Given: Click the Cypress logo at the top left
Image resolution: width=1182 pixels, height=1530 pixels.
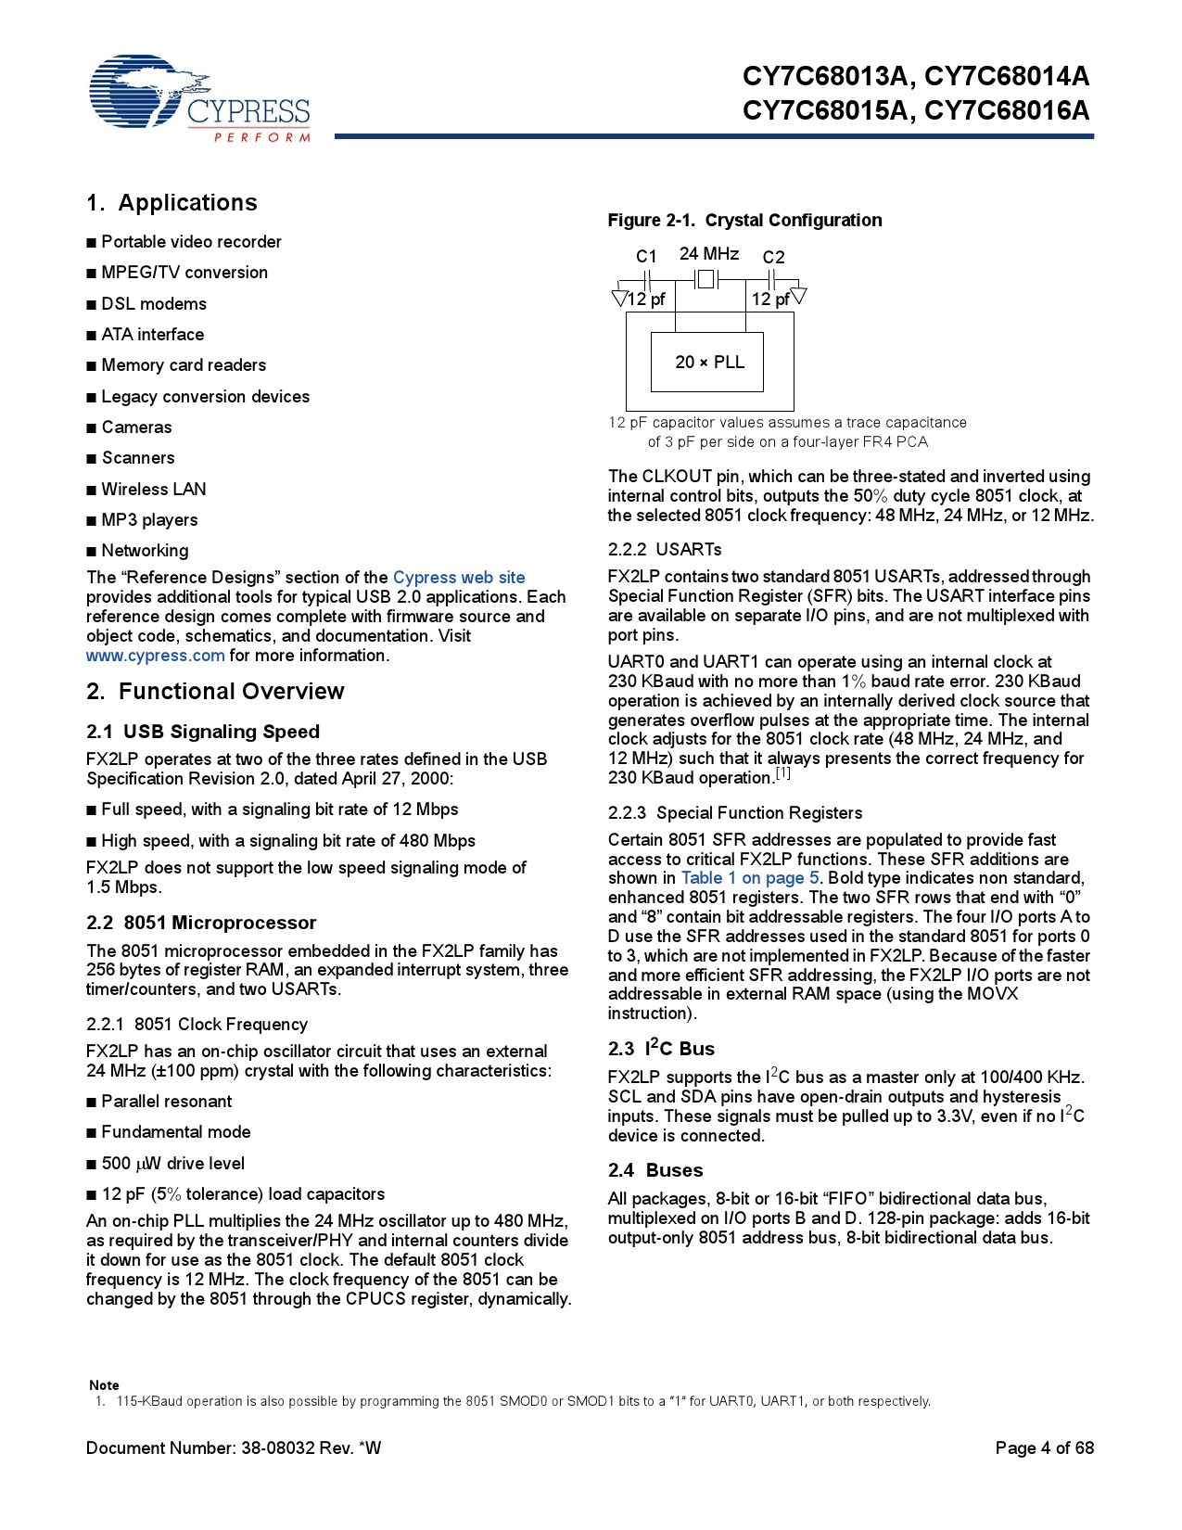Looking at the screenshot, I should (x=199, y=98).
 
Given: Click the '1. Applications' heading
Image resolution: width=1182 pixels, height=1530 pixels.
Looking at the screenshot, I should (x=172, y=203).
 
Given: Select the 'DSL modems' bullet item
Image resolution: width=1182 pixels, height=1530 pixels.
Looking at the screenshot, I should (x=153, y=304).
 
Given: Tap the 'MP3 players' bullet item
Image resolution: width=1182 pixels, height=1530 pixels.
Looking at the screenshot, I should (x=149, y=520).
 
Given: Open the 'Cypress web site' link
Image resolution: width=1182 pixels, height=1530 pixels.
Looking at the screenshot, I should (x=459, y=578).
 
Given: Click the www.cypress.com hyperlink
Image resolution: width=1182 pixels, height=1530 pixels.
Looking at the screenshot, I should (x=155, y=656).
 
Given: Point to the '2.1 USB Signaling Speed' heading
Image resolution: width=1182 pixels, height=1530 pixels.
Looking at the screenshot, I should (x=203, y=732).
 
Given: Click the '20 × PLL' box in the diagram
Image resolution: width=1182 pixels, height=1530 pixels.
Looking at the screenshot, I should (x=708, y=363).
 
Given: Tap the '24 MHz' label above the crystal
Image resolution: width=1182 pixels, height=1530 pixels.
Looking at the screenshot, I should (x=709, y=254).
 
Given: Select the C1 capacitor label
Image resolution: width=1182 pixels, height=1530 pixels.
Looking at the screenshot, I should (x=646, y=257).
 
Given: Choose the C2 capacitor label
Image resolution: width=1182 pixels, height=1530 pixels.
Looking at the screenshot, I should (x=773, y=257).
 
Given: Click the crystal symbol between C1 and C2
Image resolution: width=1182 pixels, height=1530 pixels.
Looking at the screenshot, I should (x=706, y=279).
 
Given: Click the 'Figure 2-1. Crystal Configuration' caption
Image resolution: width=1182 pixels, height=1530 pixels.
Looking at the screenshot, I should (x=744, y=221).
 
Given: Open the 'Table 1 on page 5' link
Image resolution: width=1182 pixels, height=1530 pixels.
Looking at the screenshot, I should (x=750, y=878).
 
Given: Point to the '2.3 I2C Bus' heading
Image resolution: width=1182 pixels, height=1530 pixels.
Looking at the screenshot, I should (x=661, y=1049).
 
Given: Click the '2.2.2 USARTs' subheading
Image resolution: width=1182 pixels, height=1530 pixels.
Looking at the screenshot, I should (x=665, y=550).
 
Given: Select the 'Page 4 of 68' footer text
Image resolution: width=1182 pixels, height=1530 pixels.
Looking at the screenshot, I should (x=1044, y=1448).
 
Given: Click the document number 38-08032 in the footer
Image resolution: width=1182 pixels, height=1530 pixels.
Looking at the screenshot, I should (x=278, y=1448).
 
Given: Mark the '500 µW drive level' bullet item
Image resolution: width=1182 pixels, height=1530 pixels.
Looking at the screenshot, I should (x=172, y=1164).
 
